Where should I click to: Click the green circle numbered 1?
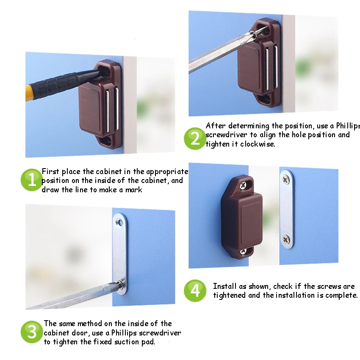32,180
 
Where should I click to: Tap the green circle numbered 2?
195,138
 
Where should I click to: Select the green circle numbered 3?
32,332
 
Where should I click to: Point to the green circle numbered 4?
195,291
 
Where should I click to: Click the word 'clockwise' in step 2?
257,144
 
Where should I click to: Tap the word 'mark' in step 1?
133,190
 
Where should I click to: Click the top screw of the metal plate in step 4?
286,179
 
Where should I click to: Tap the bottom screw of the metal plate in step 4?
286,240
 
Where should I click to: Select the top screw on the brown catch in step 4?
243,185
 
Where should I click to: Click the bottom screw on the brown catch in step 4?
243,252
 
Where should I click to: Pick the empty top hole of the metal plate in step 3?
120,222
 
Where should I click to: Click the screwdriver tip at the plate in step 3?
120,285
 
